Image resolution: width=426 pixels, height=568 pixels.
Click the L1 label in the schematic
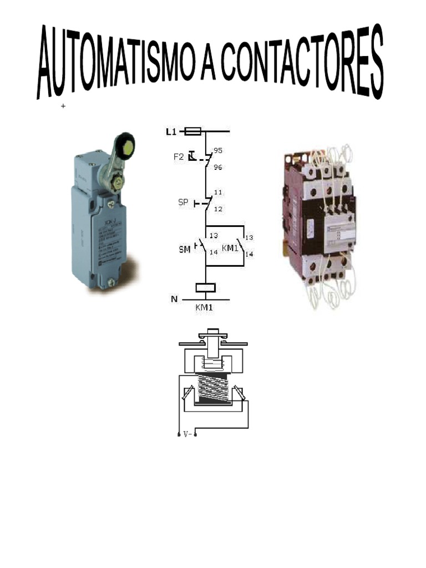coord(171,132)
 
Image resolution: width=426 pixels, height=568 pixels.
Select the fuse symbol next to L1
coord(192,132)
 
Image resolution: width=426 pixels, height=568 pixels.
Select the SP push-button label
coord(184,203)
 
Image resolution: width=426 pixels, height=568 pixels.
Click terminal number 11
coord(217,193)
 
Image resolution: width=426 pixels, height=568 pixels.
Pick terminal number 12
coord(217,209)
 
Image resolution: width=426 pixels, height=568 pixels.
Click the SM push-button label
coord(184,250)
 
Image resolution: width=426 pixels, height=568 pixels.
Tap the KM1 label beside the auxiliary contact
coord(230,247)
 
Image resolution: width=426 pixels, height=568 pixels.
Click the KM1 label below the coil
coord(205,307)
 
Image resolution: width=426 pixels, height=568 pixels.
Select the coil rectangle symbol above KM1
coord(206,288)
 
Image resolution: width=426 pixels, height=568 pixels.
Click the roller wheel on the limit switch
coord(126,144)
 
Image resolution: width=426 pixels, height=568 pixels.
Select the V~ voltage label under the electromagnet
coord(187,435)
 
